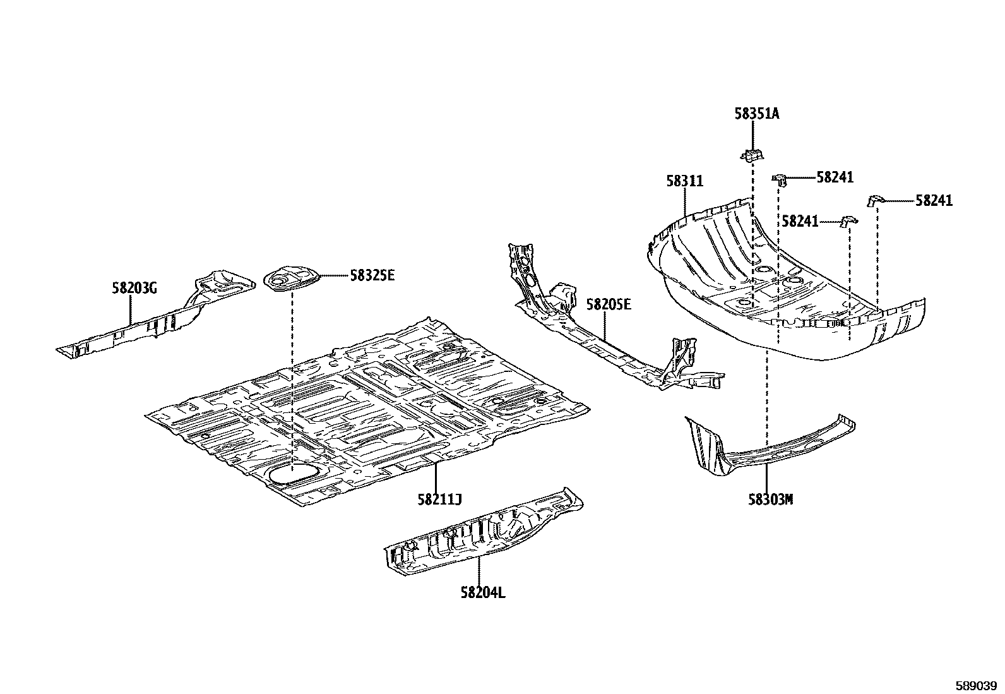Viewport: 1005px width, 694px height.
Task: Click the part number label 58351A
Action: click(756, 114)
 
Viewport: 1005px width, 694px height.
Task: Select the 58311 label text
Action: click(685, 181)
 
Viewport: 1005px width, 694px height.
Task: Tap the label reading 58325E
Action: click(372, 275)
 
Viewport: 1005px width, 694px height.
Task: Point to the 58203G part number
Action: click(134, 288)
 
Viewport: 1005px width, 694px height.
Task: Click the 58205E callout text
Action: click(609, 305)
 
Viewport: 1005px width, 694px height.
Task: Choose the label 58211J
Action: click(439, 499)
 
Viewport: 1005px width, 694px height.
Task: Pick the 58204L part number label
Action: click(483, 593)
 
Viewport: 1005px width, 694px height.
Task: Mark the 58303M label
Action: click(770, 500)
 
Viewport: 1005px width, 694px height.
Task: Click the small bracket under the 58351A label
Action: click(752, 155)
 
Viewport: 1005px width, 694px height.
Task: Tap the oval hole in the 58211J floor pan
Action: click(292, 474)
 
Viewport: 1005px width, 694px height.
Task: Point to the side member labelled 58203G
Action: click(156, 313)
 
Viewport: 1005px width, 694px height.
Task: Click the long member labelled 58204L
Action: click(484, 532)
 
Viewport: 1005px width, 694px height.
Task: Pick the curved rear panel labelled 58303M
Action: click(770, 445)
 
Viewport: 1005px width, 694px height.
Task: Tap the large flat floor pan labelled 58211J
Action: click(367, 412)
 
